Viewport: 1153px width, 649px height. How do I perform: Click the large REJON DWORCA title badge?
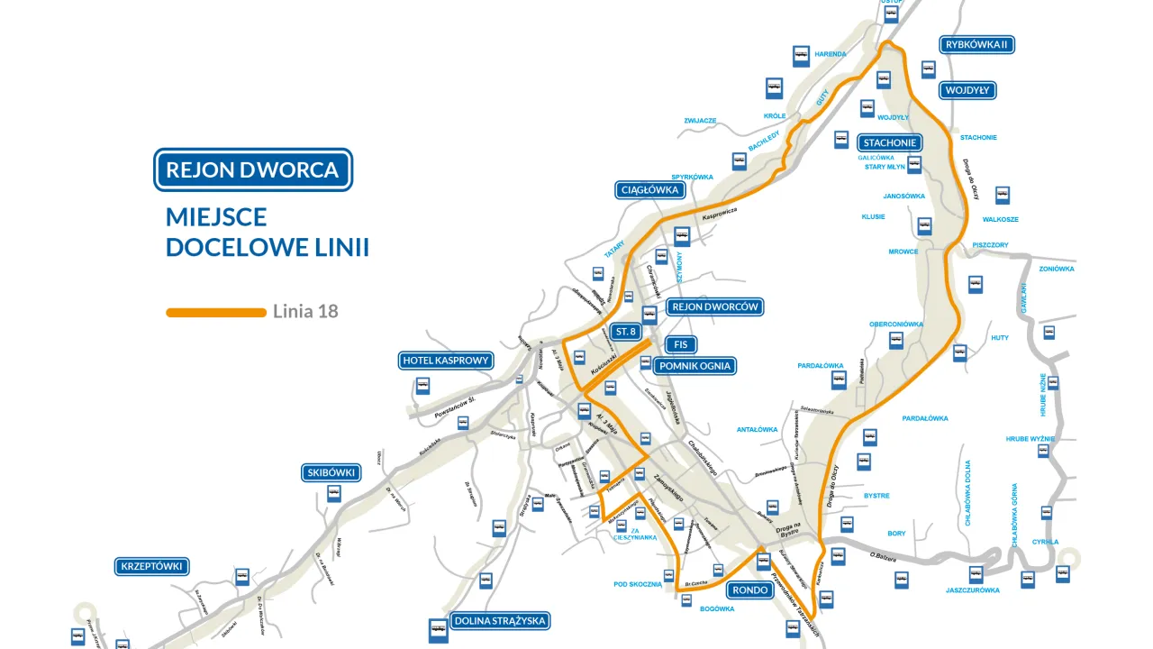coord(252,169)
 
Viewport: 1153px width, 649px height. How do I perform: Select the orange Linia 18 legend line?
coord(216,312)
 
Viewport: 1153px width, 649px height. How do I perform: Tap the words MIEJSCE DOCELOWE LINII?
coord(268,232)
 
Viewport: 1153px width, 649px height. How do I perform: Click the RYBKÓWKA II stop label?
coord(977,45)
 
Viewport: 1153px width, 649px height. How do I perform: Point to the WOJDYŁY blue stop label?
coord(968,90)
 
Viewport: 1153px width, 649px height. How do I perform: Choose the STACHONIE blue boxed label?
coord(889,142)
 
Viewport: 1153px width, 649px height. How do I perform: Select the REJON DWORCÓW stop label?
coord(716,306)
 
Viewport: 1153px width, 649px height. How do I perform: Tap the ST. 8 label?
coord(626,332)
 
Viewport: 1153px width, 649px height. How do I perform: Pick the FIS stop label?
coord(681,344)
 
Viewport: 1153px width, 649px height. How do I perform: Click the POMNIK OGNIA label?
coord(695,366)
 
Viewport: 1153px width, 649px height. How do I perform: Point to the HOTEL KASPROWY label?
coord(446,361)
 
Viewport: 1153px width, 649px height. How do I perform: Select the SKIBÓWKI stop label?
coord(332,472)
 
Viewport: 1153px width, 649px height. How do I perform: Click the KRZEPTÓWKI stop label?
coord(151,566)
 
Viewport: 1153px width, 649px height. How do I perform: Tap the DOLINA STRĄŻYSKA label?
coord(500,620)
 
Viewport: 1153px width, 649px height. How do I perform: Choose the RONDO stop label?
coord(749,590)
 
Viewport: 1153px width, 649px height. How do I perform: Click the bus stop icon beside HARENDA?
coord(801,56)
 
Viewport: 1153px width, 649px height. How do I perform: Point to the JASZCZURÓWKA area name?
coord(973,590)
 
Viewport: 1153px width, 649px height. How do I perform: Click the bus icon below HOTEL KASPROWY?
coord(422,387)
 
